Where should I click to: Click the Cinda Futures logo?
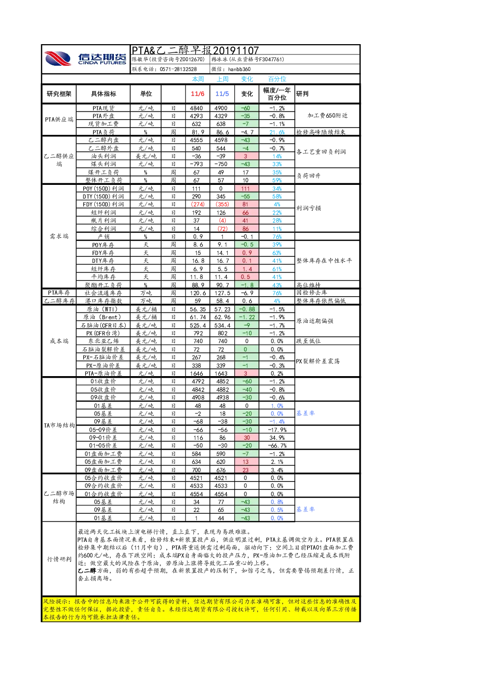click(x=85, y=58)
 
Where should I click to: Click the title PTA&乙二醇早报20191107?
click(x=195, y=50)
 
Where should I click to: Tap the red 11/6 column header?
click(x=197, y=94)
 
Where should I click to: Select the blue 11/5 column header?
click(x=222, y=94)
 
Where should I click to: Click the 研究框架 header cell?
click(x=59, y=94)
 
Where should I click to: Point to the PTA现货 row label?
click(x=104, y=108)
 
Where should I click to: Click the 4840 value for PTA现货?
click(x=196, y=108)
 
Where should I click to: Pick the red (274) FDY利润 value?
click(x=198, y=204)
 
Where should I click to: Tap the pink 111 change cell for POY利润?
click(x=246, y=189)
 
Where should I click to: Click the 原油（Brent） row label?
click(x=103, y=317)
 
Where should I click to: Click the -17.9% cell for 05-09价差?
click(x=277, y=430)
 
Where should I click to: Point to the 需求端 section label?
click(x=59, y=236)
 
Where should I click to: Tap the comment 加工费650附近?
click(x=327, y=116)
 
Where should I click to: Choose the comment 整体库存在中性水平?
click(x=324, y=260)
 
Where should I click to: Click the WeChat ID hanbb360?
click(x=239, y=70)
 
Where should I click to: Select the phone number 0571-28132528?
click(x=178, y=70)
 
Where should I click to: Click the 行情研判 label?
click(x=59, y=559)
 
